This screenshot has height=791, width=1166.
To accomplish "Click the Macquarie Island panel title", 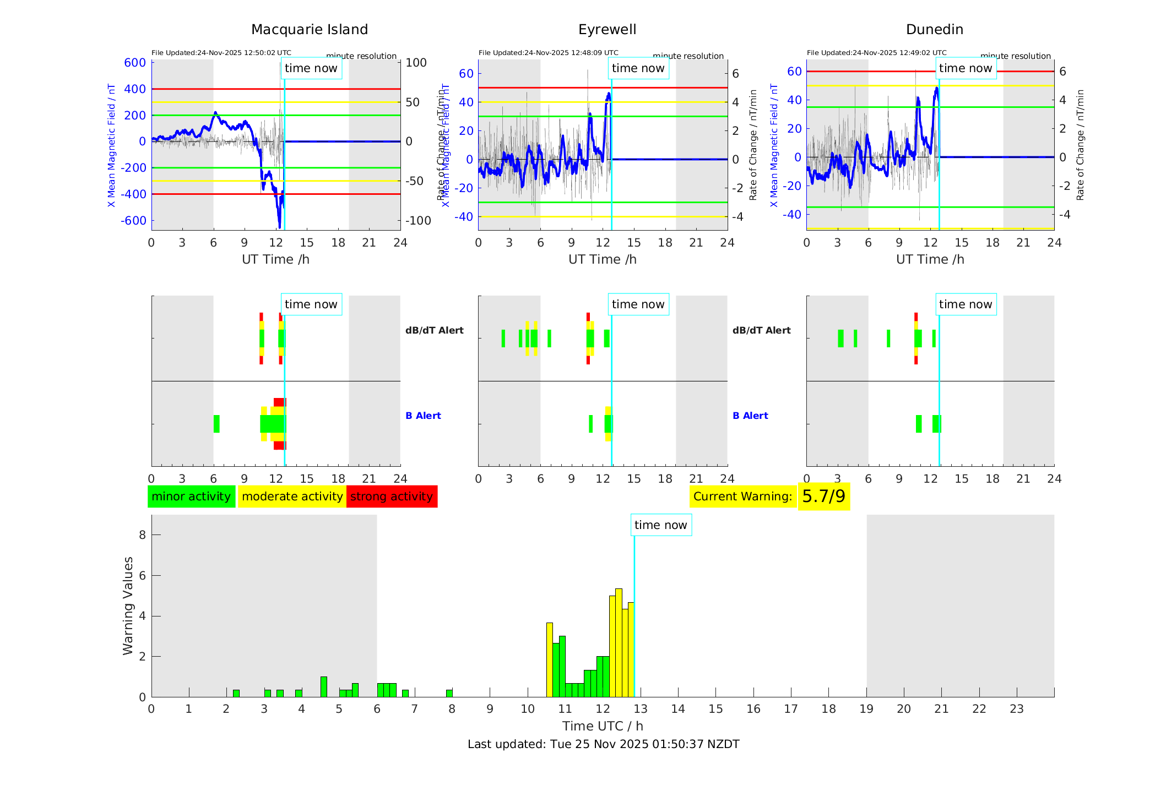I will click(x=310, y=30).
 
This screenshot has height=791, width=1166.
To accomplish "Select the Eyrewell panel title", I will click(x=607, y=30).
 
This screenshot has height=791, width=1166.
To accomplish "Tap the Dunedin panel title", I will click(x=934, y=30).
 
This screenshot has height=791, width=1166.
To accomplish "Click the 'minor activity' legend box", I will click(x=191, y=497).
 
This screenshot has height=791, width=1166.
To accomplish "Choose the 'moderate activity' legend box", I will click(x=292, y=497).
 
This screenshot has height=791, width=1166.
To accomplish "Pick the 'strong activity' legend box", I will click(x=392, y=497).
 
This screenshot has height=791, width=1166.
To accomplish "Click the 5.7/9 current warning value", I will click(x=823, y=497).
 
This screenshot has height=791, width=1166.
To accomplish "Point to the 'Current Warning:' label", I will click(x=742, y=497).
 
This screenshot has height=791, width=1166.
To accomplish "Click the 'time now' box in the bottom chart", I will click(x=660, y=525).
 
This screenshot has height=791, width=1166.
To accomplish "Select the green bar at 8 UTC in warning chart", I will click(x=449, y=694).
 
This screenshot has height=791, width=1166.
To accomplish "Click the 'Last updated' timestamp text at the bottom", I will click(x=603, y=744).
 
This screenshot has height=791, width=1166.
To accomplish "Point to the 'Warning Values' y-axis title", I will click(x=128, y=605).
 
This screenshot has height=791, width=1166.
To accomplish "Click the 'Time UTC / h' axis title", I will click(x=603, y=726).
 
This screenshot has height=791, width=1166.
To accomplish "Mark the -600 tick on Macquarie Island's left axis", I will click(x=134, y=221).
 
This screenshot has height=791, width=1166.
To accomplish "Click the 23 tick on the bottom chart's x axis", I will click(x=1016, y=709).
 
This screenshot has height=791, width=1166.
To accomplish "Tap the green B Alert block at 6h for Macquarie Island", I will click(x=216, y=424).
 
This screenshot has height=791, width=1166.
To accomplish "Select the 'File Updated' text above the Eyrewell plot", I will click(x=548, y=53).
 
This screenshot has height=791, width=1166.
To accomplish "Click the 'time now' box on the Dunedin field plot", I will click(x=965, y=68).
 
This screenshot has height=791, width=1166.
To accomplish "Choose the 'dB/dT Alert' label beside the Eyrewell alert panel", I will click(x=761, y=330).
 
